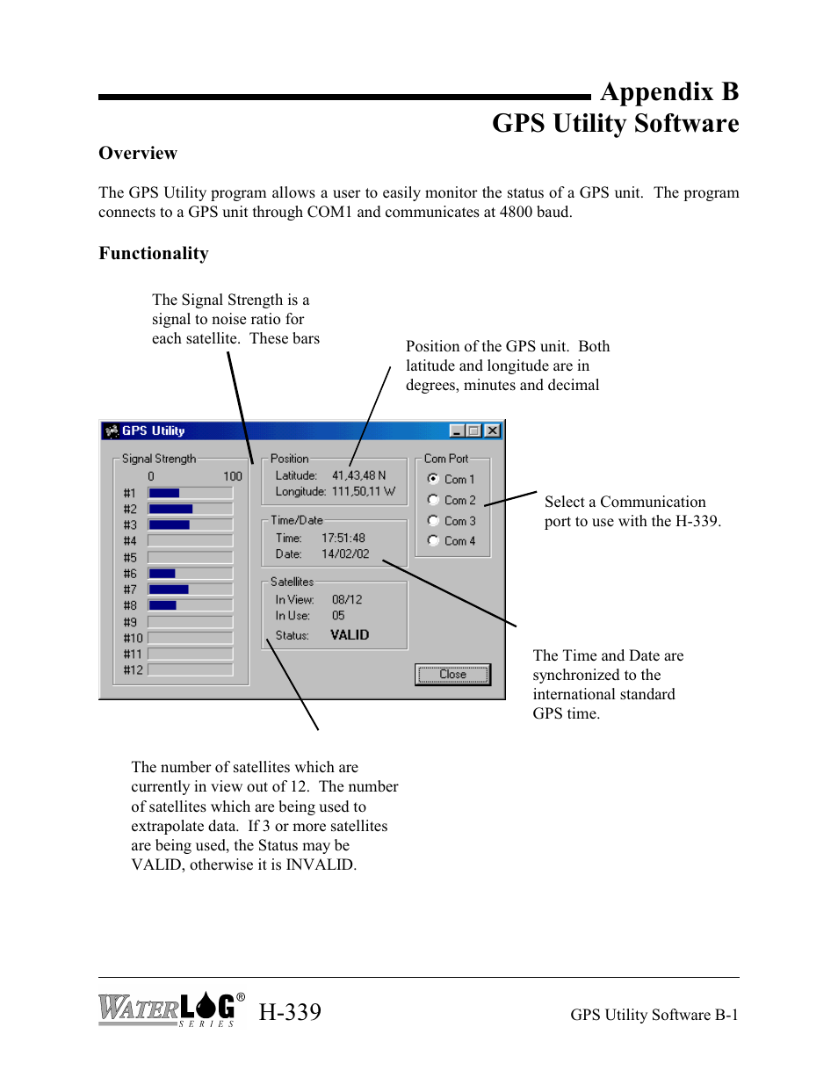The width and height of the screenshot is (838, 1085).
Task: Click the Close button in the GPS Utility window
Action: (452, 675)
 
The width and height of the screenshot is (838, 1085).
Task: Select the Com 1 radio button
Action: (433, 479)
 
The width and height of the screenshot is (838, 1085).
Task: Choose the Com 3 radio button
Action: (433, 520)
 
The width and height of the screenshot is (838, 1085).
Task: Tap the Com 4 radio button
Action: (433, 540)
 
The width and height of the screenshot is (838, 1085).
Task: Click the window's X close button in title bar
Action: (493, 430)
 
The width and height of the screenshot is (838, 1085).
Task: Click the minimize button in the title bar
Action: (457, 430)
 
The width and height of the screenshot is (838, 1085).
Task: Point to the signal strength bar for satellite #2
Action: (171, 509)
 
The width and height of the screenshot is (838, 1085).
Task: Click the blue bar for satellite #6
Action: (163, 574)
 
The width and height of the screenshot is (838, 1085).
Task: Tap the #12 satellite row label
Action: (133, 670)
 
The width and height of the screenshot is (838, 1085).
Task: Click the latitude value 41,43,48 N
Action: (358, 475)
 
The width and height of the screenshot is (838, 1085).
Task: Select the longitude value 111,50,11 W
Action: (363, 492)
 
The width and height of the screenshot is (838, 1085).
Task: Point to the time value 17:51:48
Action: (343, 538)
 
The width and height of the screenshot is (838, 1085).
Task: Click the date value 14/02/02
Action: (345, 554)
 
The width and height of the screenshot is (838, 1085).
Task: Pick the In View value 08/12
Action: (347, 599)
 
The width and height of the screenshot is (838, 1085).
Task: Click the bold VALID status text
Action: (350, 635)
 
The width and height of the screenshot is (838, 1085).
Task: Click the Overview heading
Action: (138, 154)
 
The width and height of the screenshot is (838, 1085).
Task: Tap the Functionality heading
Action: (154, 254)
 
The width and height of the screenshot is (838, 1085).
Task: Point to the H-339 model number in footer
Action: (290, 1012)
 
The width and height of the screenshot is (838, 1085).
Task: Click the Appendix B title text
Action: (669, 92)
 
